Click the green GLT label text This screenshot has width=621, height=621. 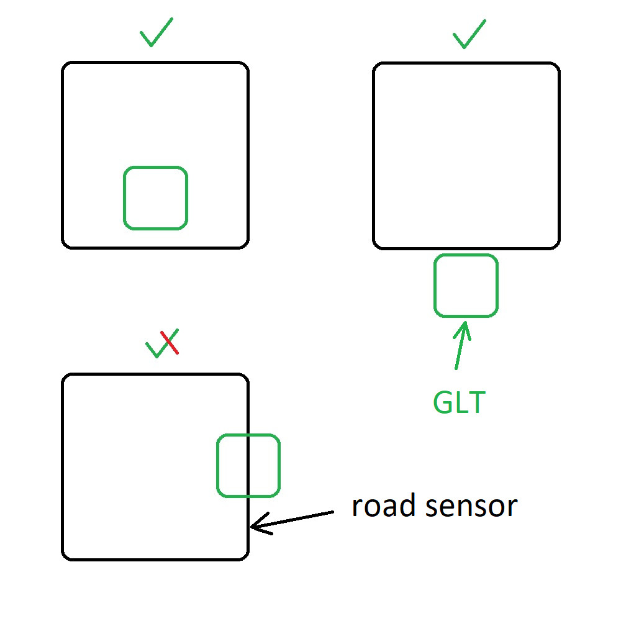(x=459, y=404)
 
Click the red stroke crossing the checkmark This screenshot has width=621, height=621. (x=170, y=343)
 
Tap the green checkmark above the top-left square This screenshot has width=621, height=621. (x=156, y=32)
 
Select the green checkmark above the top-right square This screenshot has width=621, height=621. (x=469, y=34)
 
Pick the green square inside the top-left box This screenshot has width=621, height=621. (x=155, y=198)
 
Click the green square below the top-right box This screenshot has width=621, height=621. (x=466, y=286)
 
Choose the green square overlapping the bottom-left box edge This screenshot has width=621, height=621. (x=248, y=466)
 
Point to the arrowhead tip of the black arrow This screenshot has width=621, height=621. (x=252, y=528)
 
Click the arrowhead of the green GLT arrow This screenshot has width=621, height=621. (x=464, y=324)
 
